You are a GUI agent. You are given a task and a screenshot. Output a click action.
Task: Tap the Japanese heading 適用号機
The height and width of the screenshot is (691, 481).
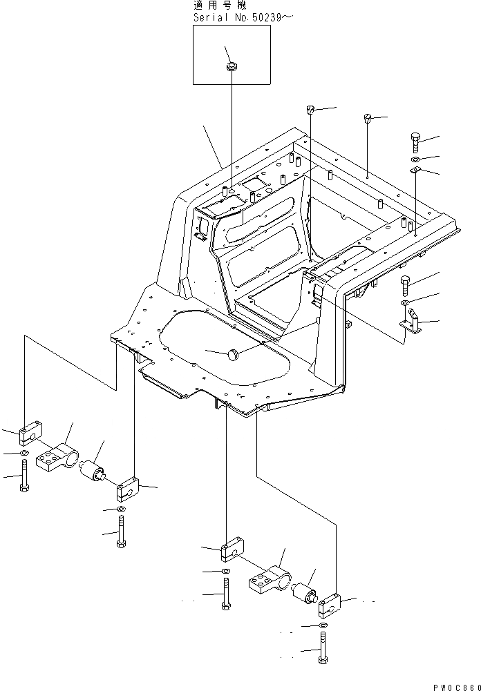[x=216, y=5]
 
